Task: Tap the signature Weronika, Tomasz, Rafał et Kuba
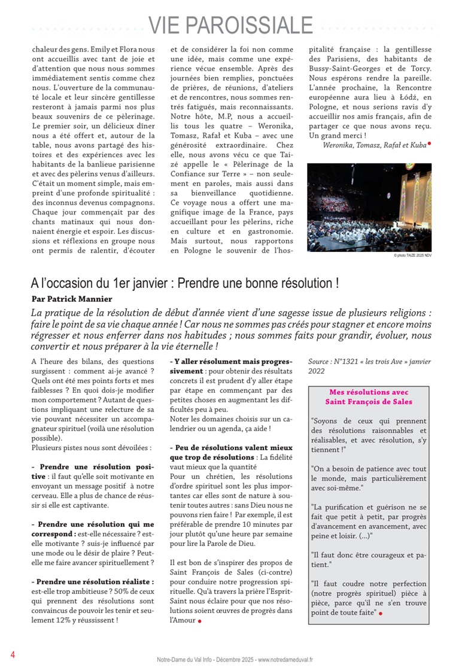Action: [374, 145]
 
